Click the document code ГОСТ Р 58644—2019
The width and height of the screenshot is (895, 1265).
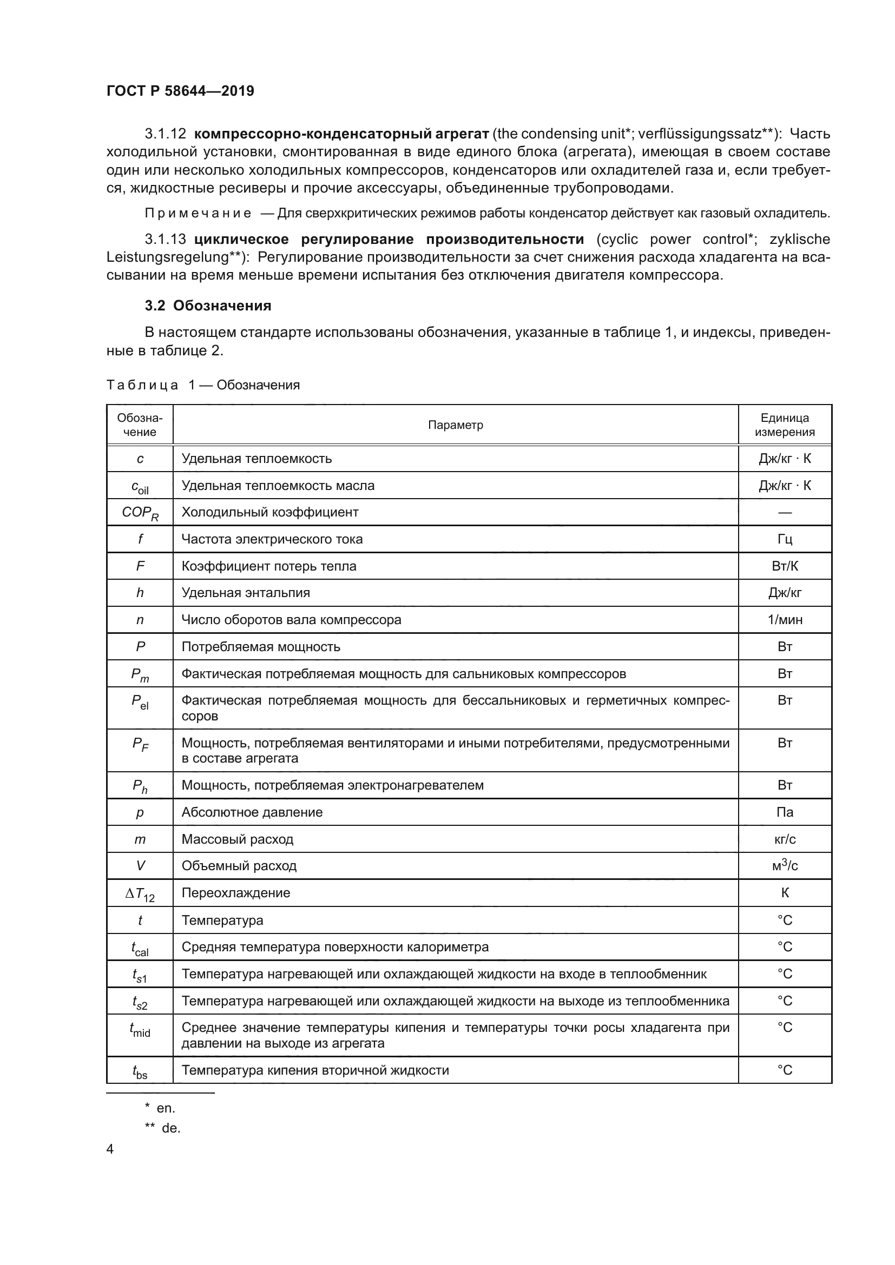pyautogui.click(x=180, y=91)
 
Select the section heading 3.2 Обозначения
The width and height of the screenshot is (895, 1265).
pyautogui.click(x=208, y=306)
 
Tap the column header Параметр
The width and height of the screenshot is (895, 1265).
pyautogui.click(x=455, y=425)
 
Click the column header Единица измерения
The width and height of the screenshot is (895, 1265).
pyautogui.click(x=784, y=425)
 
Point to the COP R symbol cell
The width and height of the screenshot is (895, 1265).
pyautogui.click(x=140, y=513)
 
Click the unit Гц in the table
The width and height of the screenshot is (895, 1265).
pyautogui.click(x=784, y=539)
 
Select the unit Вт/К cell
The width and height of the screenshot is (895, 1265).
pyautogui.click(x=784, y=566)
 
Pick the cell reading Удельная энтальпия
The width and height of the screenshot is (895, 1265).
pyautogui.click(x=246, y=593)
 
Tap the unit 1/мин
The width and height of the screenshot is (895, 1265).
pyautogui.click(x=784, y=620)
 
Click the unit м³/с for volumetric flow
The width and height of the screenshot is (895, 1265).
pyautogui.click(x=784, y=865)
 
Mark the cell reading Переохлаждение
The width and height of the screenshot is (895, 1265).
pyautogui.click(x=236, y=892)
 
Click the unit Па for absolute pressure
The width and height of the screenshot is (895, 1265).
pyautogui.click(x=784, y=812)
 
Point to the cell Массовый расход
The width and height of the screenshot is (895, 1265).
pyautogui.click(x=238, y=839)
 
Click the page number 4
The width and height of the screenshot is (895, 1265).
pyautogui.click(x=110, y=1149)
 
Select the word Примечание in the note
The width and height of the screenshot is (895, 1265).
pyautogui.click(x=198, y=213)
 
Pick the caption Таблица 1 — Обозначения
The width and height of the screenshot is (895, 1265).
pyautogui.click(x=203, y=385)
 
